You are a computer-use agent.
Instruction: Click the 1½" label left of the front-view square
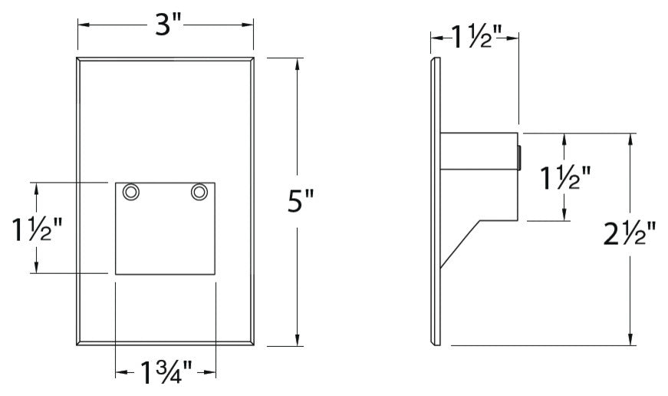36,228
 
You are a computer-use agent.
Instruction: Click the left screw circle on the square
131,191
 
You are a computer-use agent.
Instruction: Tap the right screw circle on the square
199,191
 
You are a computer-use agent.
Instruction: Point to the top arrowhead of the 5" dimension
298,63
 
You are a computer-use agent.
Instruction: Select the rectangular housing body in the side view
479,177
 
